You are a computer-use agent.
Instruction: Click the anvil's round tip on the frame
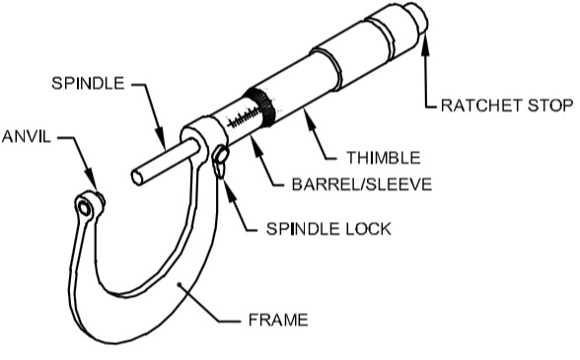click(88, 205)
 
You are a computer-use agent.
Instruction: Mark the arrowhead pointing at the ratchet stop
click(425, 37)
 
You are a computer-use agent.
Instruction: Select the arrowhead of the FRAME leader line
click(179, 284)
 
